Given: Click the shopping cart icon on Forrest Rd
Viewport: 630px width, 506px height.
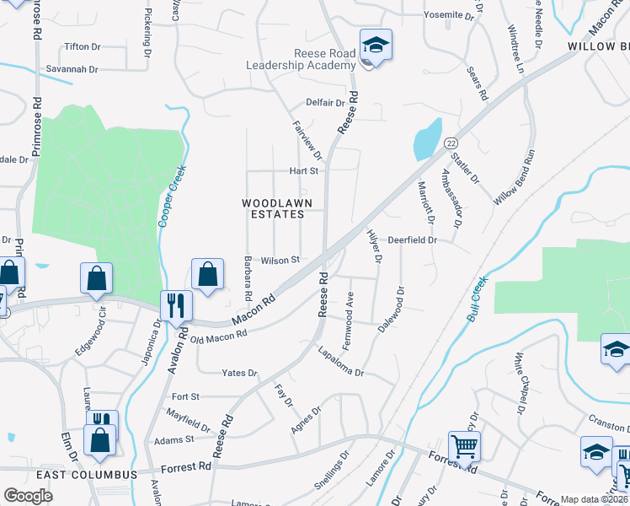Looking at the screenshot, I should (x=464, y=447).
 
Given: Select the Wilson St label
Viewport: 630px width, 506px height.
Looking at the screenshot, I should (x=280, y=260).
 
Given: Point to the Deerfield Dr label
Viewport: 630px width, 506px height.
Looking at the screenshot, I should (x=413, y=240).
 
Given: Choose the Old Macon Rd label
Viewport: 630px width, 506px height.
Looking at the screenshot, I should (x=219, y=336).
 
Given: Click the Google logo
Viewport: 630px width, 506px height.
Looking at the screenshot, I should (x=28, y=496).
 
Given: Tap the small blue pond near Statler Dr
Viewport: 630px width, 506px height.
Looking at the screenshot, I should (x=427, y=138).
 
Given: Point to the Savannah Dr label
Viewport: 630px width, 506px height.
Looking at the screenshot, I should (x=72, y=69).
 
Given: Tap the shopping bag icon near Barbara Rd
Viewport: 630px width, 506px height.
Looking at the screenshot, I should (x=207, y=273).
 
